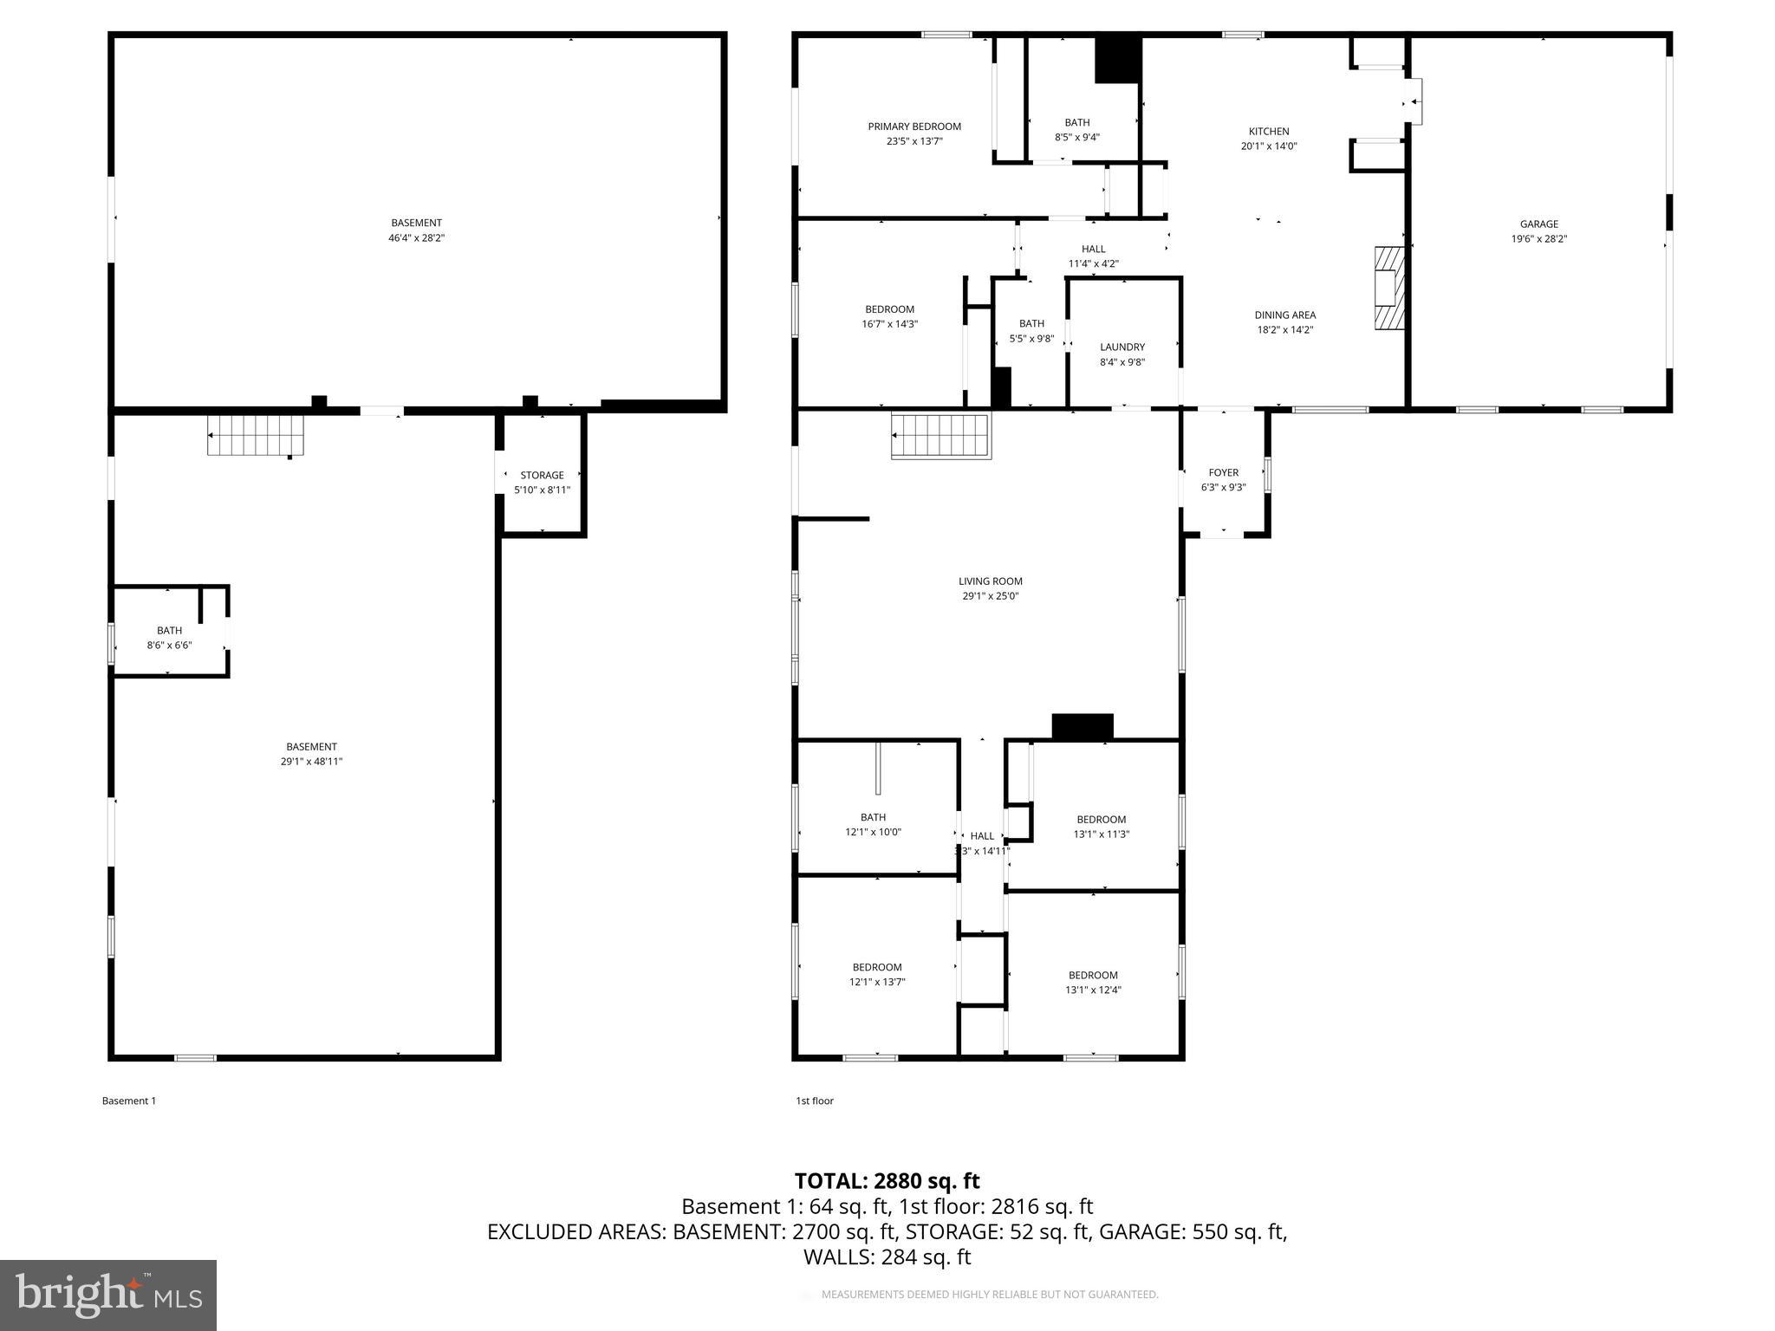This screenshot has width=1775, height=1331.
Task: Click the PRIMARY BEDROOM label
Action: point(914,127)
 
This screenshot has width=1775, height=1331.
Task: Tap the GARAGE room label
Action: point(1538,224)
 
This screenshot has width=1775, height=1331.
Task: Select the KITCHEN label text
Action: point(1269,132)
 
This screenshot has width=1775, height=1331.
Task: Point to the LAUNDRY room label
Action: point(1122,347)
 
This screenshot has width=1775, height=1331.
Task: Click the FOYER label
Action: point(1223,472)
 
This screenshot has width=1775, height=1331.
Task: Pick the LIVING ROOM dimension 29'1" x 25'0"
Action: point(990,596)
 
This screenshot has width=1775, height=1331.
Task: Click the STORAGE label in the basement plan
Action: point(542,475)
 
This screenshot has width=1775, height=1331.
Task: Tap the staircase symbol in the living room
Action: point(940,436)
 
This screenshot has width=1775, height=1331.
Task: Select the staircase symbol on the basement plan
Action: point(256,434)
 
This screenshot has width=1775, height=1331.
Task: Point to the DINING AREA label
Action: point(1284,315)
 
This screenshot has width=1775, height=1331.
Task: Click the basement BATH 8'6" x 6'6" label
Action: point(169,637)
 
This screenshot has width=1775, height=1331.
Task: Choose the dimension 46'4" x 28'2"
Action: point(416,237)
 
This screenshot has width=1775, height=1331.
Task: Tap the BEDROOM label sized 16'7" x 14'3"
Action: point(889,309)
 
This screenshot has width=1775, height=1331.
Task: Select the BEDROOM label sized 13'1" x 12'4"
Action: point(1093,975)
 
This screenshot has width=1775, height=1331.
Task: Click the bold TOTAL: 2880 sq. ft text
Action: point(887,1181)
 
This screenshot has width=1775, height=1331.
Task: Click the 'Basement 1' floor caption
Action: point(129,1101)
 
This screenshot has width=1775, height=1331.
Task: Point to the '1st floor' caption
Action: point(815,1101)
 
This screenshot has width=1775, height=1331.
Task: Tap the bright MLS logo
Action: point(108,1295)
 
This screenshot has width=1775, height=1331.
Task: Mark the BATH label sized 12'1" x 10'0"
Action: point(873,817)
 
